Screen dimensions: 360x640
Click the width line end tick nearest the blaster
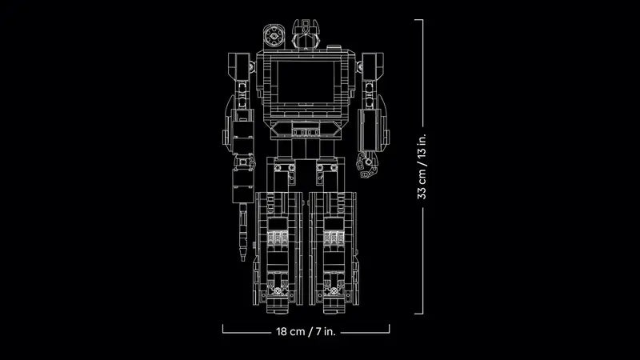click(x=222, y=329)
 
